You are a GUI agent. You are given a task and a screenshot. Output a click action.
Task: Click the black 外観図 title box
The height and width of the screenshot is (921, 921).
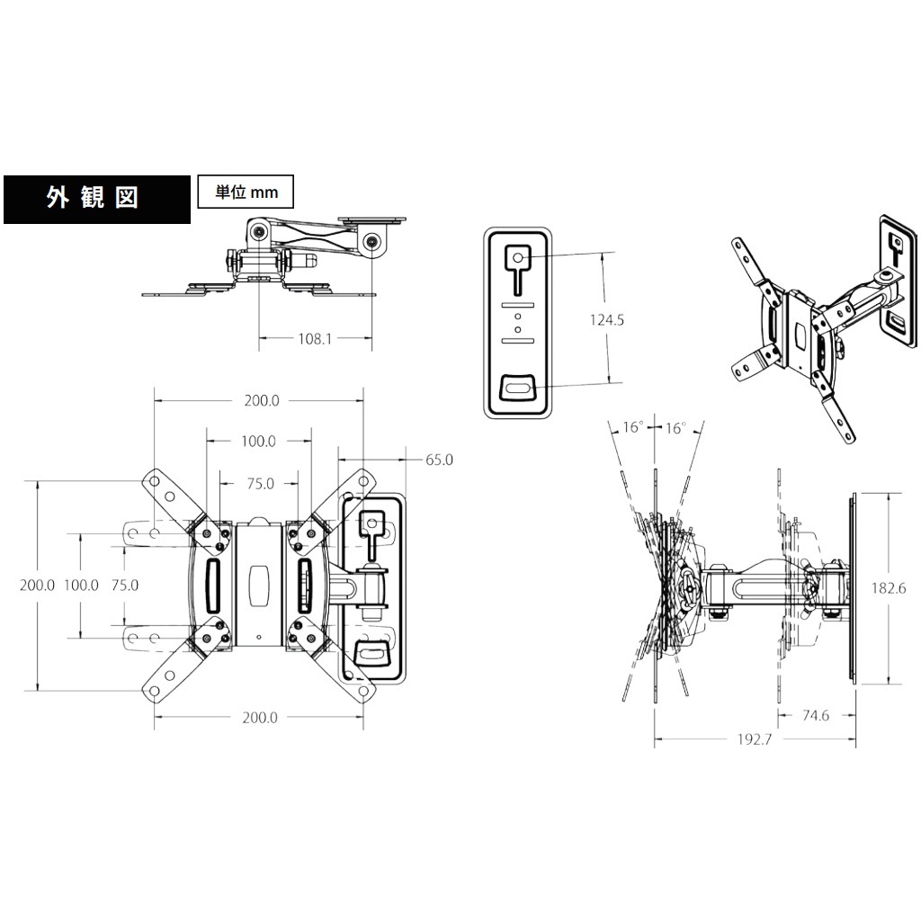(97, 199)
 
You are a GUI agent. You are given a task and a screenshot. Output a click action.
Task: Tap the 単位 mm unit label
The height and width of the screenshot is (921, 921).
(246, 192)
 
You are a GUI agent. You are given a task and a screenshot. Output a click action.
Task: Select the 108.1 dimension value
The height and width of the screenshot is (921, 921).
(315, 339)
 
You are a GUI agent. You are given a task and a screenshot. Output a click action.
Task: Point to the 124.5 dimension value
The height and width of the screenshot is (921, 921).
(607, 320)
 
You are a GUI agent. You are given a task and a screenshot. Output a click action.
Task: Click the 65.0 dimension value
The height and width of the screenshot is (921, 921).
(439, 460)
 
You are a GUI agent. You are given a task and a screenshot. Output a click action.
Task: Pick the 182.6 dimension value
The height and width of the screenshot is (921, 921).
(889, 588)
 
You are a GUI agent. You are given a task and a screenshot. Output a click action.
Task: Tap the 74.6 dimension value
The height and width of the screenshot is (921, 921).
(815, 715)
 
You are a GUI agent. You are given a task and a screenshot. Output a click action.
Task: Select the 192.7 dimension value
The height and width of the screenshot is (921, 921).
(755, 739)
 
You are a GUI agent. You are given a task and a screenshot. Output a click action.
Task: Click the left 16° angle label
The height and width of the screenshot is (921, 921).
(632, 426)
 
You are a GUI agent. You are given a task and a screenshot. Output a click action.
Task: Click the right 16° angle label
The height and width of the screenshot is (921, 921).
(675, 427)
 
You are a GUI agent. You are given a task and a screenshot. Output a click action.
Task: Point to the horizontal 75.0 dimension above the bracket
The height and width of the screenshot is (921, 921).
(261, 483)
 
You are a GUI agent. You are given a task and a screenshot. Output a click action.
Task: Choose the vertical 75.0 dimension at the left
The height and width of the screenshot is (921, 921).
(125, 585)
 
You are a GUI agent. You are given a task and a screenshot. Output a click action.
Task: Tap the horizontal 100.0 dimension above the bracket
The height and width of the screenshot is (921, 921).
(258, 441)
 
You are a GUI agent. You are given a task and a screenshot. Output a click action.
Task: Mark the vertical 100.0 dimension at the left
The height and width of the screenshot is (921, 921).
(81, 585)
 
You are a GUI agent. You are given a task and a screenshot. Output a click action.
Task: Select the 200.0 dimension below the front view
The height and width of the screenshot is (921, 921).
(260, 718)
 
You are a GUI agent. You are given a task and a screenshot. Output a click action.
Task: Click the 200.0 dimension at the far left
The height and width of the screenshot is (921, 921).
(37, 585)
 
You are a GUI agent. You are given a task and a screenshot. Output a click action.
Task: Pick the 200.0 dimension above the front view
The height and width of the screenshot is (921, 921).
(262, 400)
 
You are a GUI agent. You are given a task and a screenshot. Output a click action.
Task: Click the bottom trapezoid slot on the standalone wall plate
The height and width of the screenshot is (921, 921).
(517, 389)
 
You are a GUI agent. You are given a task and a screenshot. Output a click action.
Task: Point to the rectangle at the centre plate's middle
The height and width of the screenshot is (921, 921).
(258, 586)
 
